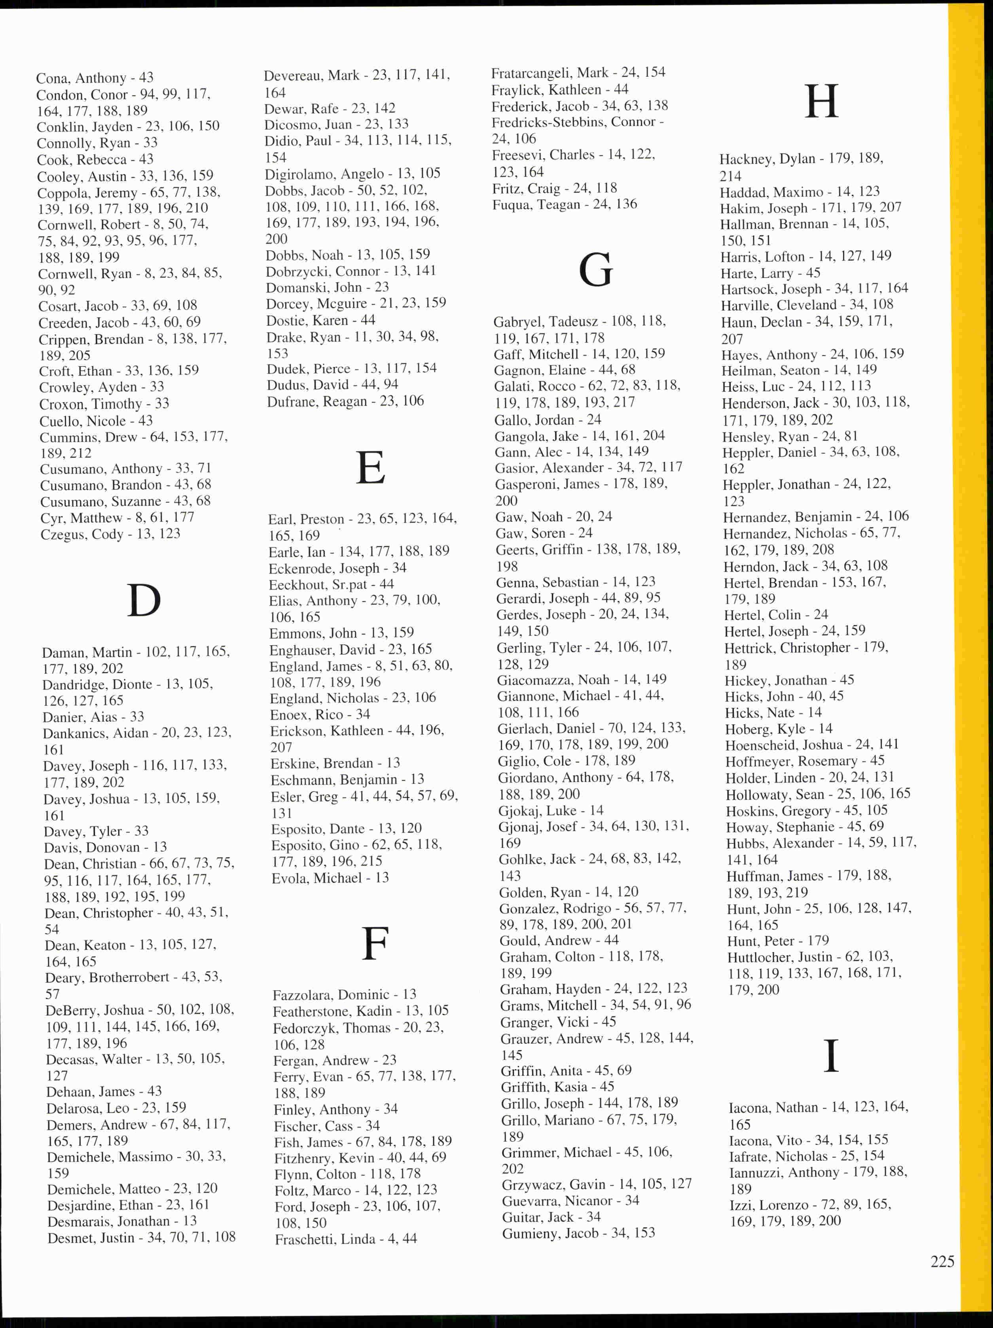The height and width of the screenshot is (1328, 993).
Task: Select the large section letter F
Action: coord(375,944)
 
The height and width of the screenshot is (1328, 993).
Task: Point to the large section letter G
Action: coord(595,270)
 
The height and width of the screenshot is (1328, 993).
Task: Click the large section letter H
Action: coord(821,102)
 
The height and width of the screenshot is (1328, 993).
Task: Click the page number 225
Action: coord(942,1261)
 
